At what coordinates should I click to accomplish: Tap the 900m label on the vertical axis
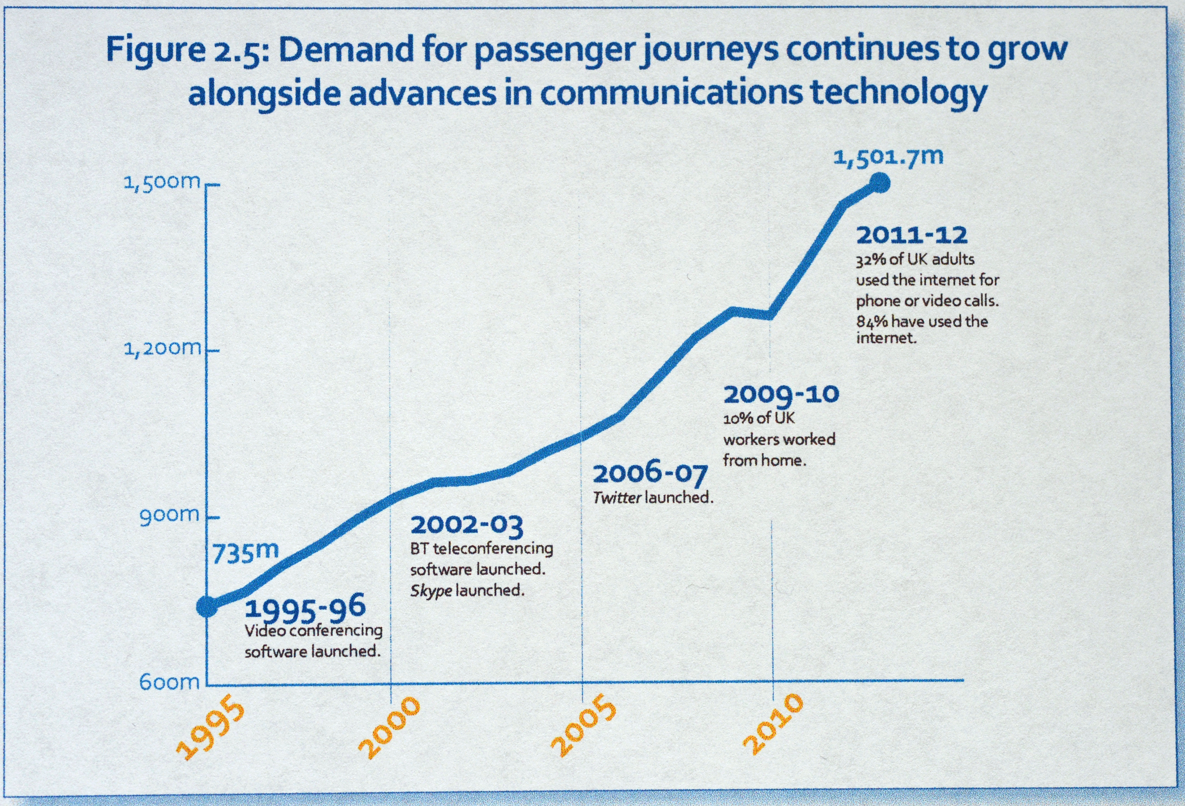(x=170, y=515)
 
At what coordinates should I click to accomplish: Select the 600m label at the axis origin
(x=170, y=682)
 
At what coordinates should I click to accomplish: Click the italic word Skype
(x=431, y=591)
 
